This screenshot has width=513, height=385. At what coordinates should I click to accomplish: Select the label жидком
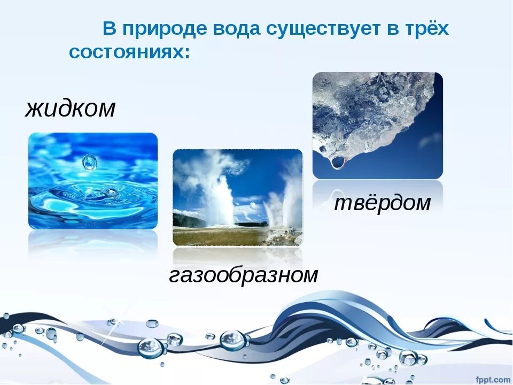70,109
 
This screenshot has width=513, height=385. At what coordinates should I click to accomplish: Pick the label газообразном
244,275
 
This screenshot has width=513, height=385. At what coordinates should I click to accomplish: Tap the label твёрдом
382,203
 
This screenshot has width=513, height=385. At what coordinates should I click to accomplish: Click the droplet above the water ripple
89,162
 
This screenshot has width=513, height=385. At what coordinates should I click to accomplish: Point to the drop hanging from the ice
337,161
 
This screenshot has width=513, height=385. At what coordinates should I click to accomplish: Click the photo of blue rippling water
93,181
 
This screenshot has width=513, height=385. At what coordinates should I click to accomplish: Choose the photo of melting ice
377,126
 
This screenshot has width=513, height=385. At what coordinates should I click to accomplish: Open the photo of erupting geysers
237,197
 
